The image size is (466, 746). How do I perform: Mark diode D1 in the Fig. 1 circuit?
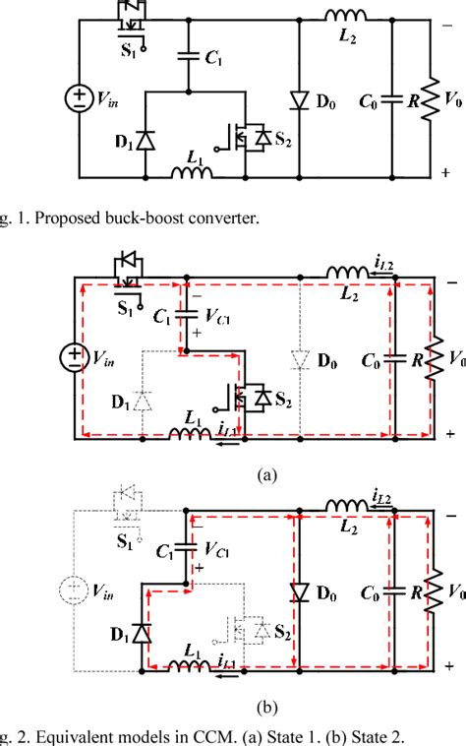(x=145, y=140)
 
